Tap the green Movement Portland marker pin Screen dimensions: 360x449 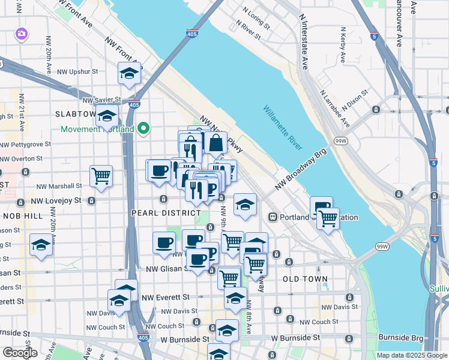pyautogui.click(x=143, y=128)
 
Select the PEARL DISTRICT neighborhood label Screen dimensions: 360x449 pyautogui.click(x=166, y=213)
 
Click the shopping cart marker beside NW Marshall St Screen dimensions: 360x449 pyautogui.click(x=101, y=176)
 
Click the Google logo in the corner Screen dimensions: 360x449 pyautogui.click(x=20, y=353)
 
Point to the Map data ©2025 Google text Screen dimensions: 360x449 pyautogui.click(x=412, y=355)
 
